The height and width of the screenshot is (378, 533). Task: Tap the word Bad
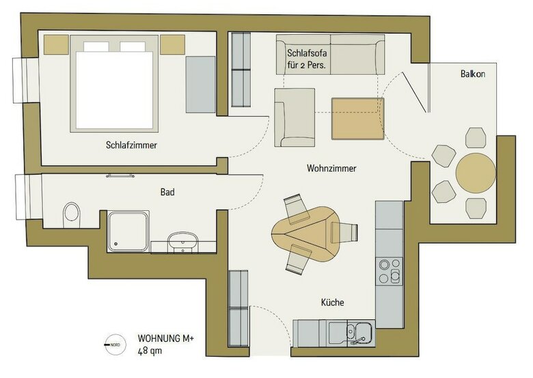167,192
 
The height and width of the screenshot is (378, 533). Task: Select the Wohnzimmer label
331,168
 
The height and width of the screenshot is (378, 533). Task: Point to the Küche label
332,302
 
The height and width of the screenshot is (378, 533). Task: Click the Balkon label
472,74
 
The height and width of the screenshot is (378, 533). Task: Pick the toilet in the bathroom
70,214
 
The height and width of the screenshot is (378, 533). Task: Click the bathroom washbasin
182,241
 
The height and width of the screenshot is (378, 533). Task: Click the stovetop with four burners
389,271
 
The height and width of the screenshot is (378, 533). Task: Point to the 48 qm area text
151,351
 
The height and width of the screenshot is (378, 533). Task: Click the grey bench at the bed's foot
200,85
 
